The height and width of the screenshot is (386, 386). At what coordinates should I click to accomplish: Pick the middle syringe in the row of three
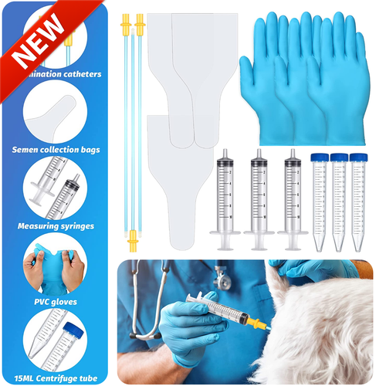click(259, 197)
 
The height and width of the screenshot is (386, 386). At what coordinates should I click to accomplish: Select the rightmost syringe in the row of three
click(293, 197)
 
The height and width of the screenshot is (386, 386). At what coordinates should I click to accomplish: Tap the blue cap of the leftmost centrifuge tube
click(318, 157)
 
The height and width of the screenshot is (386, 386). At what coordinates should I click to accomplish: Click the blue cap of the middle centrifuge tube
click(338, 157)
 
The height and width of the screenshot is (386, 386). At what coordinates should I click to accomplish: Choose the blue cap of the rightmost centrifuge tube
click(357, 157)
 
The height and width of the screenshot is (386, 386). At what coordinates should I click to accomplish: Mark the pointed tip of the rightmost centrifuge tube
click(358, 249)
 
